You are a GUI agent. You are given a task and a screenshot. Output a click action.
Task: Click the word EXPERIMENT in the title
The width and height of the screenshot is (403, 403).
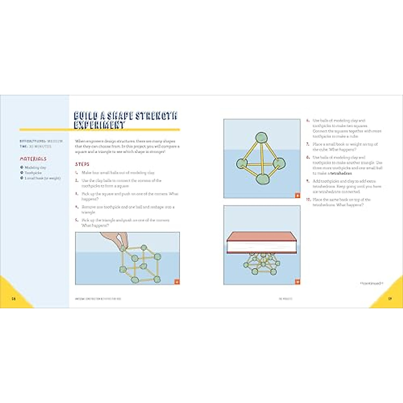pyautogui.click(x=99, y=125)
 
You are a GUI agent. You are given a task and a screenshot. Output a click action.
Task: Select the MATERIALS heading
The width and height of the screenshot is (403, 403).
pyautogui.click(x=33, y=159)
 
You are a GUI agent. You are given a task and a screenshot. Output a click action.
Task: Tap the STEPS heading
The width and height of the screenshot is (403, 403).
pyautogui.click(x=82, y=164)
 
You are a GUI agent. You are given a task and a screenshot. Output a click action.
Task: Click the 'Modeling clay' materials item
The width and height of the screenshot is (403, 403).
pyautogui.click(x=35, y=167)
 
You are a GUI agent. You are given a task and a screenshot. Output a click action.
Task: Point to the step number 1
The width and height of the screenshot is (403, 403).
pyautogui.click(x=77, y=173)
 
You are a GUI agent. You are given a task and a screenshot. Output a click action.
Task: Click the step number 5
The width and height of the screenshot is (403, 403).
pyautogui.click(x=77, y=220)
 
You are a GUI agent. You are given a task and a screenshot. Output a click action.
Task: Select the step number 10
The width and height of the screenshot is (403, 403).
pyautogui.click(x=308, y=199)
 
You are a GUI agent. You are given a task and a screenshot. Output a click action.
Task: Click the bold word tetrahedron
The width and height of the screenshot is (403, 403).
pyautogui.click(x=341, y=173)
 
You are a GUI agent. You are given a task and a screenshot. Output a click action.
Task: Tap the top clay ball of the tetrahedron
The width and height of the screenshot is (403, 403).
pyautogui.click(x=261, y=137)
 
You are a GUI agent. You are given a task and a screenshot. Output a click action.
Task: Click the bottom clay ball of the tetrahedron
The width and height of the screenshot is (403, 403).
pyautogui.click(x=263, y=179)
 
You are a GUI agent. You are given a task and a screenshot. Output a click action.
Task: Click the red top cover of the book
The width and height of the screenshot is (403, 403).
pyautogui.click(x=261, y=236)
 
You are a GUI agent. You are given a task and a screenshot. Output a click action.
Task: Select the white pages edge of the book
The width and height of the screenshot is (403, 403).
pyautogui.click(x=261, y=247)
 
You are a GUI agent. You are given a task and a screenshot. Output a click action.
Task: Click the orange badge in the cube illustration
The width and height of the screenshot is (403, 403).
pyautogui.click(x=177, y=282)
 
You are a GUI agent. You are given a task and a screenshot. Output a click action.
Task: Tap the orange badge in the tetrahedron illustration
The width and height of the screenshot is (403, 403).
pyautogui.click(x=298, y=195)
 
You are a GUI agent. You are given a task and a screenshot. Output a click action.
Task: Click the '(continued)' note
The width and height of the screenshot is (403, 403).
pyautogui.click(x=371, y=283)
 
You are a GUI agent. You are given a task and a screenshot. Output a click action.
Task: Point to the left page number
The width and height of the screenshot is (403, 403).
pyautogui.click(x=14, y=299)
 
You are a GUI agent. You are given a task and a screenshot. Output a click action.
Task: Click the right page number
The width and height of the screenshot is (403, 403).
pyautogui.click(x=390, y=299)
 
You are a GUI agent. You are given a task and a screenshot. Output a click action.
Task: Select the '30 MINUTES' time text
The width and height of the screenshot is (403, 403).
pyautogui.click(x=40, y=146)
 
